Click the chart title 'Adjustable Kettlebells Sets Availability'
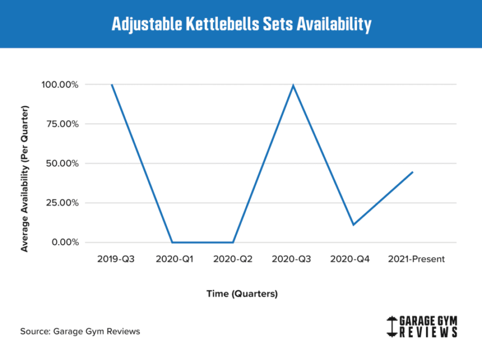[x=241, y=24]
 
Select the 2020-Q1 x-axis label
[x=172, y=259]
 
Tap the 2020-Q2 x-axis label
[x=233, y=259]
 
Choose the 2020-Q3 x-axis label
[x=293, y=259]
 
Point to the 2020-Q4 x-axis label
[x=353, y=259]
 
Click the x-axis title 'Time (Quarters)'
[x=242, y=294]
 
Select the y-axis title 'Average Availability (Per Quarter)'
[x=25, y=179]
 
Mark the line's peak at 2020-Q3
[x=293, y=85]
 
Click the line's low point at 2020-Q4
[x=353, y=225]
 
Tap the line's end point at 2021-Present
[x=413, y=172]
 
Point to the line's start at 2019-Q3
[x=112, y=85]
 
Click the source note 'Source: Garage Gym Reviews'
[x=80, y=331]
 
